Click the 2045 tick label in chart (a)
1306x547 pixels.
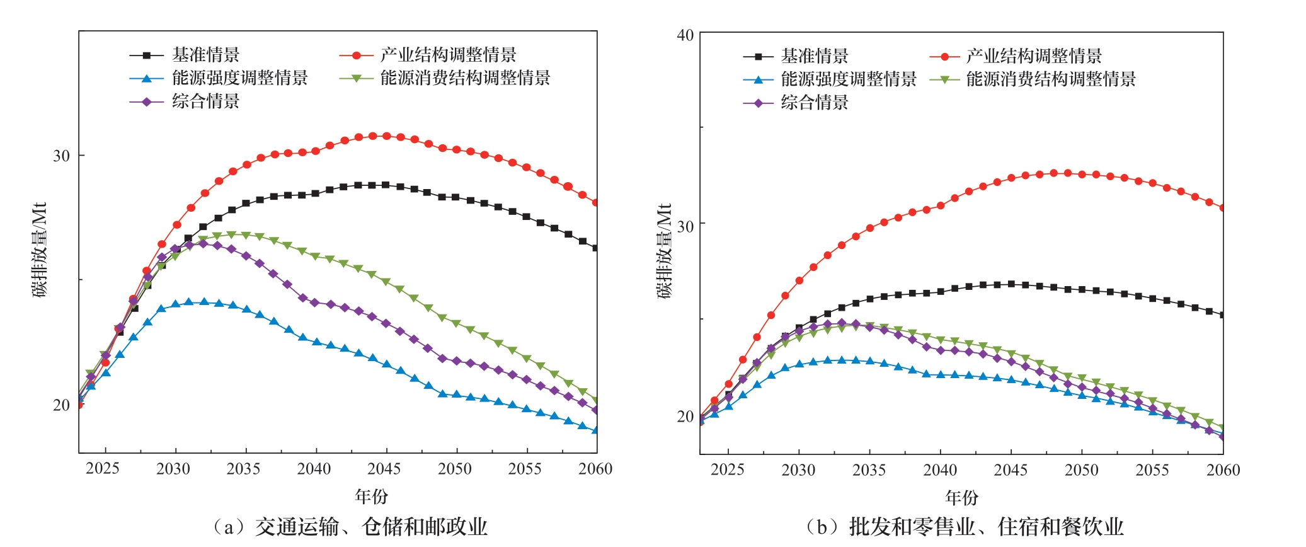(x=384, y=469)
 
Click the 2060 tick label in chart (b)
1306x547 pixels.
(x=1223, y=470)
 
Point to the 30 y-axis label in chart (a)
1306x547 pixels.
(x=61, y=156)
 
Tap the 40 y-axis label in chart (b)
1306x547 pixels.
(x=685, y=35)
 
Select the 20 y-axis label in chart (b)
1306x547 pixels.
(x=685, y=417)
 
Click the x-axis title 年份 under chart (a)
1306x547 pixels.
(x=371, y=497)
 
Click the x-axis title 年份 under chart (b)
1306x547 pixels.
(x=961, y=498)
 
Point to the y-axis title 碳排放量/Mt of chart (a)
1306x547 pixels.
(x=40, y=250)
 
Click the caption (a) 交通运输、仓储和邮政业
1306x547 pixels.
(x=350, y=527)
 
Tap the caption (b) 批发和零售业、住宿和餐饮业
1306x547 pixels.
(x=965, y=527)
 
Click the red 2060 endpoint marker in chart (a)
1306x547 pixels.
(x=595, y=203)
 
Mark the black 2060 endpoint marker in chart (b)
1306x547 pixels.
(x=1222, y=315)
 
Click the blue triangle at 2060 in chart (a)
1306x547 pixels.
(x=595, y=430)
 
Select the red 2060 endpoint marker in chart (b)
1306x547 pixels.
(x=1222, y=208)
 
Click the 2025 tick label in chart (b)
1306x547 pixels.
(x=728, y=470)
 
